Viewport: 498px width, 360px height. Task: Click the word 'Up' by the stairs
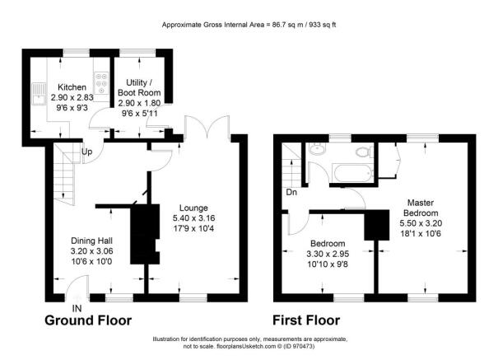coord(86,151)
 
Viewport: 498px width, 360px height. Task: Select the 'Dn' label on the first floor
coord(291,193)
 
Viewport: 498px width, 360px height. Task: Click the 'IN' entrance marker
coord(77,308)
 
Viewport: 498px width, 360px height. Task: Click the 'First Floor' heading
coord(306,320)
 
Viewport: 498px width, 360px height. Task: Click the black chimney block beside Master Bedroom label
coord(378,226)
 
